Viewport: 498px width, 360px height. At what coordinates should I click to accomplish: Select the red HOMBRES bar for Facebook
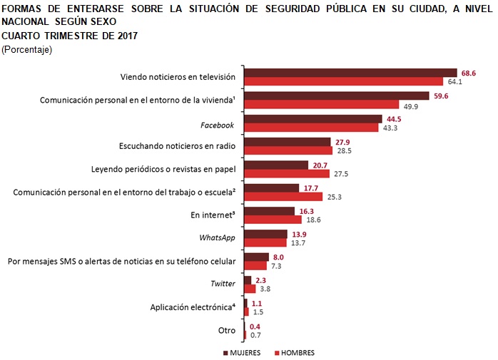311,128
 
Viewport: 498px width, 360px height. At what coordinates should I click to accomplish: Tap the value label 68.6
467,73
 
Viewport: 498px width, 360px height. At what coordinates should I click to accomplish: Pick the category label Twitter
223,284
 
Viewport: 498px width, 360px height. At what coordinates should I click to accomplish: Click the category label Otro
226,330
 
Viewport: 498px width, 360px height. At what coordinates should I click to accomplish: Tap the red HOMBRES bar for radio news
288,151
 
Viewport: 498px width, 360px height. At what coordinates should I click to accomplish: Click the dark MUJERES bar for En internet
269,211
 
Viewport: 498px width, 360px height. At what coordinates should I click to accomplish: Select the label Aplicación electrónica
192,307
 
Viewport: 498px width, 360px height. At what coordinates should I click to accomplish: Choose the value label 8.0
279,257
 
